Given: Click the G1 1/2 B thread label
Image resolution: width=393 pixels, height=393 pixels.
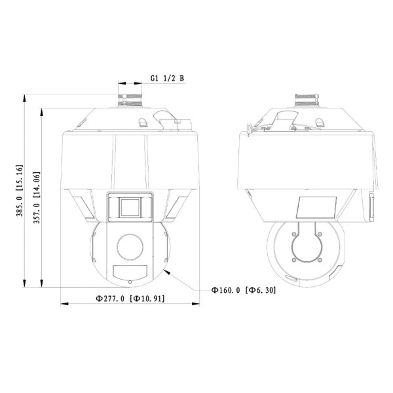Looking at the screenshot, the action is pyautogui.click(x=167, y=78).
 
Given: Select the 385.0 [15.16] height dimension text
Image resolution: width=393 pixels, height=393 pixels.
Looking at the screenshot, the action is pyautogui.click(x=19, y=191).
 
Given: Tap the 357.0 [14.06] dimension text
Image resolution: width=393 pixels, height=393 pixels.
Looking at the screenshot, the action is pyautogui.click(x=37, y=198).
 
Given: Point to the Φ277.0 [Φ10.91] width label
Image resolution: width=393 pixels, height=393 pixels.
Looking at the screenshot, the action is pyautogui.click(x=130, y=299).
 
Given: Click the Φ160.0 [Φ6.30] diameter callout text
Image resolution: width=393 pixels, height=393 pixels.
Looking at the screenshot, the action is pyautogui.click(x=244, y=290).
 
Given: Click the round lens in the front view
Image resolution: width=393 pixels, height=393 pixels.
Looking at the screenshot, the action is pyautogui.click(x=130, y=247).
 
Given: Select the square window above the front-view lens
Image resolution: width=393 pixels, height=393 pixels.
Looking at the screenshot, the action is pyautogui.click(x=130, y=208).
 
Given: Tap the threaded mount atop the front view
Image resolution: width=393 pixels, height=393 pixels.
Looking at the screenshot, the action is pyautogui.click(x=130, y=100).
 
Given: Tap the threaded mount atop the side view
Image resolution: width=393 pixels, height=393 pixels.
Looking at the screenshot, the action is pyautogui.click(x=307, y=100).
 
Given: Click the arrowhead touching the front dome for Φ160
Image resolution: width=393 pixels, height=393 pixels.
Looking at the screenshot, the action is pyautogui.click(x=168, y=272).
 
